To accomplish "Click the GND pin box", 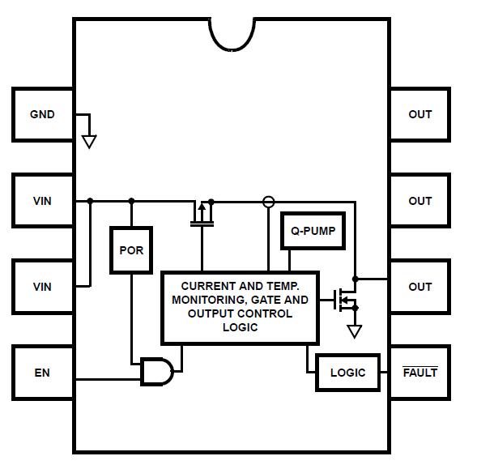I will coord(42,114).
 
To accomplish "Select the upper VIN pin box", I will coord(42,201).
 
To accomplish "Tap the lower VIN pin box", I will coord(42,287).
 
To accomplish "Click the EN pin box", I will coord(42,373).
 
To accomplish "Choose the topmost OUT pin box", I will coord(420,114).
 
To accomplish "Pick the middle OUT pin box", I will coord(420,201).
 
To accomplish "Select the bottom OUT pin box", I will coord(420,287).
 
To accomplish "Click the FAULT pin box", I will coord(420,373).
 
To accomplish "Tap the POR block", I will coord(131,250).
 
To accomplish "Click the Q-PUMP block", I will coord(313,232).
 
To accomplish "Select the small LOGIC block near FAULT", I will coord(347,373).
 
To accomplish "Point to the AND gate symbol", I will coord(157,372).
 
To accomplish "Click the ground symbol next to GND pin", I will coord(89,141).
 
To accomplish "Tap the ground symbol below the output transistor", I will coord(354,330).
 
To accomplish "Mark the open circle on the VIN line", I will coord(269,201).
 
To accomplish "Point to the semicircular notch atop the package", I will coord(234,32).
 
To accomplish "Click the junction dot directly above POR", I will coord(131,201).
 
